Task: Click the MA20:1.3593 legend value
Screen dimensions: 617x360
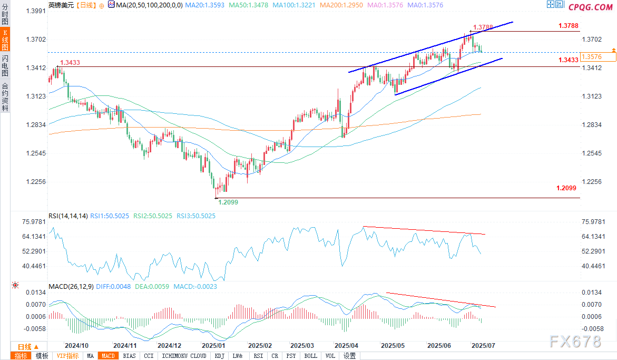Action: point(204,5)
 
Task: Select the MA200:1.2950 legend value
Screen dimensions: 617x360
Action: point(341,5)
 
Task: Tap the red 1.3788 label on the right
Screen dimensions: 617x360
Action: point(569,26)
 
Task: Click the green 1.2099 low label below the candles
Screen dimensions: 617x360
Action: point(228,202)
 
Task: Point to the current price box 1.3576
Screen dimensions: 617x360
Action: point(598,56)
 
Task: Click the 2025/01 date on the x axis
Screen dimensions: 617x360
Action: point(214,345)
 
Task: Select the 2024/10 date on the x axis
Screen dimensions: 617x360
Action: point(77,345)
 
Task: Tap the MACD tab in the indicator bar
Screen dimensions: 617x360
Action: point(108,356)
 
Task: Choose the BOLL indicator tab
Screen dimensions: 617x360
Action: point(310,356)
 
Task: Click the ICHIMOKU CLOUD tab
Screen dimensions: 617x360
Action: point(184,356)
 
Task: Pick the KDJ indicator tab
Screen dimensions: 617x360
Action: point(219,356)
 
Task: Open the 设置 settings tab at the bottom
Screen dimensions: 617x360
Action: point(349,356)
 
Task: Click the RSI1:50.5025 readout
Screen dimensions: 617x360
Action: point(110,216)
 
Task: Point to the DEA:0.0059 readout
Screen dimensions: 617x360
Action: point(152,286)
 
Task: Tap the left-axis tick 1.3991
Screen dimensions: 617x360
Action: point(36,11)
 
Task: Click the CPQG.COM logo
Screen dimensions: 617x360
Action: point(591,7)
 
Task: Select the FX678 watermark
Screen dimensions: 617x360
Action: point(575,342)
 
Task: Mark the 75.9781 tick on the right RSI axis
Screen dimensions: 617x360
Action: point(593,222)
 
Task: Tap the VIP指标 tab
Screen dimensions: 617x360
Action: point(67,356)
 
